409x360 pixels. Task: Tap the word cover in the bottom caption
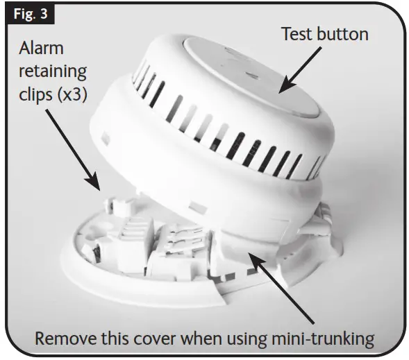(154, 338)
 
